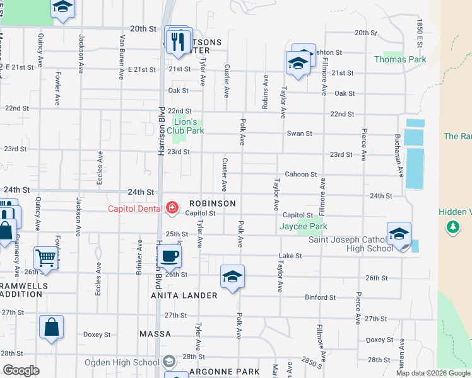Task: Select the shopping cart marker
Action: (x=46, y=257)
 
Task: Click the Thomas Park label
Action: (x=400, y=60)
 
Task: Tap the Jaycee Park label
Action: (x=304, y=226)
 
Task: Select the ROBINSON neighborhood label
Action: (x=211, y=203)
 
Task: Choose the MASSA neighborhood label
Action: (x=155, y=334)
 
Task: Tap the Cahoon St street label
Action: (x=300, y=175)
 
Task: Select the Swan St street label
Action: (x=300, y=134)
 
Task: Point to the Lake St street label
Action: (x=290, y=256)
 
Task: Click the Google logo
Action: (x=21, y=370)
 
